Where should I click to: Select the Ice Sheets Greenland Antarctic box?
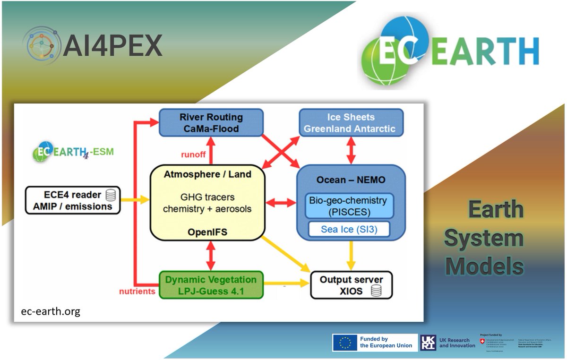coord(350,122)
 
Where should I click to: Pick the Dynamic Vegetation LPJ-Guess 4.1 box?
coord(211,285)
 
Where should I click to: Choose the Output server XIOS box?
coord(351,285)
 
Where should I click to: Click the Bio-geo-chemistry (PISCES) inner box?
coord(348,206)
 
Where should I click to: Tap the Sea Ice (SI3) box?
coord(349,230)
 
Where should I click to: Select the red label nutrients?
coord(137,291)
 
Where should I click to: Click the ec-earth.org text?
coord(51,311)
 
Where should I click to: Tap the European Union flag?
coord(344,343)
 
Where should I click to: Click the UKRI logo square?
coord(428,343)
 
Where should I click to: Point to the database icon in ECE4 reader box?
coord(111,195)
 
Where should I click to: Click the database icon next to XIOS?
coord(376,291)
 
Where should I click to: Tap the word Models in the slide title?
coord(484,266)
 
